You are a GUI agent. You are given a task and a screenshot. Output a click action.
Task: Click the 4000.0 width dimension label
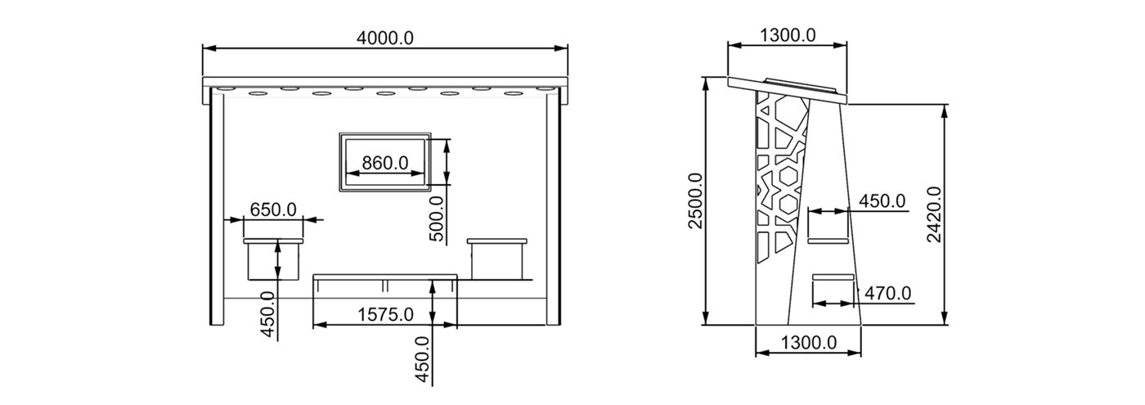[x=385, y=38]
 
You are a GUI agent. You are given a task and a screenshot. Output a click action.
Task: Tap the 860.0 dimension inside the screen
[x=385, y=163]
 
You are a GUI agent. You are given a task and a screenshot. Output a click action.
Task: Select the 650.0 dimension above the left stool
[x=273, y=209]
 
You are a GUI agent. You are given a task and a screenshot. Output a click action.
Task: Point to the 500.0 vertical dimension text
[x=436, y=218]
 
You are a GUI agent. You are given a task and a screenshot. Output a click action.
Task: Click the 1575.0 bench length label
[x=385, y=314]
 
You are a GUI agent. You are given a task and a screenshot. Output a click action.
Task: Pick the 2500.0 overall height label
[x=696, y=200]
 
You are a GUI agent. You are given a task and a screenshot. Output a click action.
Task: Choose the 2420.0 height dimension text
[x=934, y=214]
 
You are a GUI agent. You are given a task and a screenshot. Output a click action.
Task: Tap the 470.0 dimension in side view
[x=887, y=293]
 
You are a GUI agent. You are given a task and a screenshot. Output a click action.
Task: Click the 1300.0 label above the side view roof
[x=788, y=34]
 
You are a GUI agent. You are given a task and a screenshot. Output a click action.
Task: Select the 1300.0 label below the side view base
[x=809, y=342]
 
